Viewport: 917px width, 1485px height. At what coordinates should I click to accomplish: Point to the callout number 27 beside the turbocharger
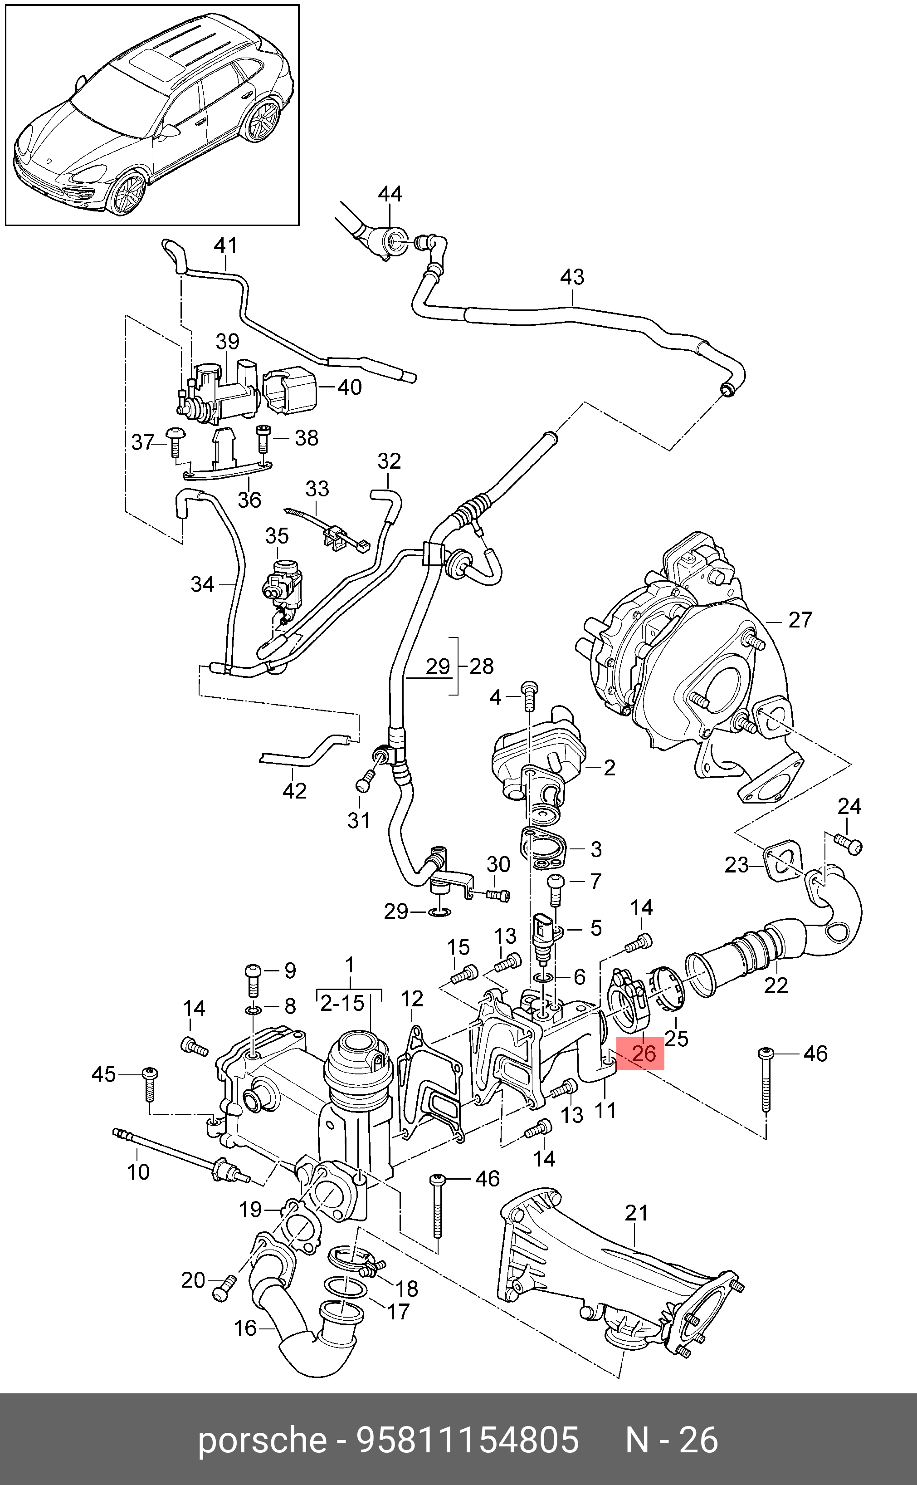pos(800,619)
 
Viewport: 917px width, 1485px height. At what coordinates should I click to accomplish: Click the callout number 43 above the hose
pos(572,277)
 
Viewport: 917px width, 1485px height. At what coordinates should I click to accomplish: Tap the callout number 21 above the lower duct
pos(636,1213)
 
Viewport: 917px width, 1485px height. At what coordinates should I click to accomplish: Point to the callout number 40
pos(349,387)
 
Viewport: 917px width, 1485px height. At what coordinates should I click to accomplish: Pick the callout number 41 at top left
pos(225,245)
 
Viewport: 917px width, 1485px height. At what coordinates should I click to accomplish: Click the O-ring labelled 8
pos(253,1010)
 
